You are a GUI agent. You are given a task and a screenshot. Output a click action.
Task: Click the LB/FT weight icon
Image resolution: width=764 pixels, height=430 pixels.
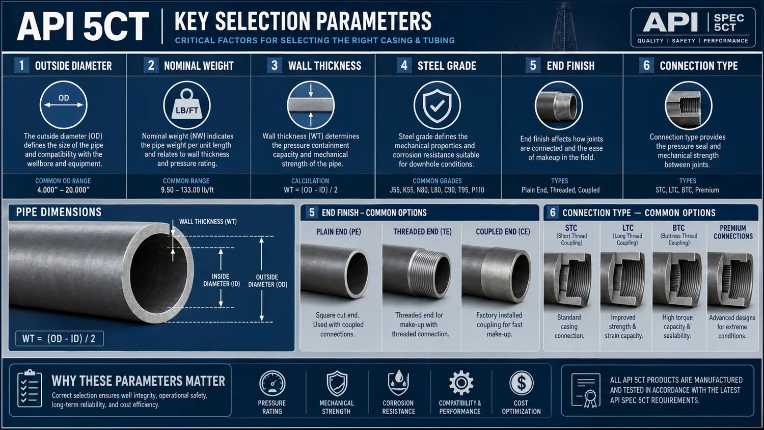pyautogui.click(x=187, y=105)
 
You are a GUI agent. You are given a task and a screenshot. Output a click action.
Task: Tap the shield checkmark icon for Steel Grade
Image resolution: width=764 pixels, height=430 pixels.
pyautogui.click(x=437, y=105)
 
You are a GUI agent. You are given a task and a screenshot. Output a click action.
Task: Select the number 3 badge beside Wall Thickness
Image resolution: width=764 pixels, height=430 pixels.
pyautogui.click(x=275, y=66)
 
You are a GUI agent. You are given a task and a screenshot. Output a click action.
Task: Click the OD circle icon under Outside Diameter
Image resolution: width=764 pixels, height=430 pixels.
pyautogui.click(x=64, y=105)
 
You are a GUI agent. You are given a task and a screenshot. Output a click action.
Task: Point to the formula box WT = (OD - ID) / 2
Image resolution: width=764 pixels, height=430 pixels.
pyautogui.click(x=59, y=338)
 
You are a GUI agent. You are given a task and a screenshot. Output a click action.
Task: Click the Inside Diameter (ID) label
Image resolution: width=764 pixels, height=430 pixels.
pyautogui.click(x=221, y=280)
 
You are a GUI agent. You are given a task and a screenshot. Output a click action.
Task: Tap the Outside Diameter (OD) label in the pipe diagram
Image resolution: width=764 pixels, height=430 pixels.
pyautogui.click(x=267, y=281)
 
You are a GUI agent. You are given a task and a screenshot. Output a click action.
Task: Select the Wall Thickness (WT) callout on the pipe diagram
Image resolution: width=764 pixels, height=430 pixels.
pyautogui.click(x=208, y=222)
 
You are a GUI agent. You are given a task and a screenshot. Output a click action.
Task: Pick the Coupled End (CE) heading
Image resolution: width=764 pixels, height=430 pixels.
pyautogui.click(x=503, y=232)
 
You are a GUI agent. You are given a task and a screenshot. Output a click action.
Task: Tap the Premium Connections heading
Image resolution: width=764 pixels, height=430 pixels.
pyautogui.click(x=733, y=232)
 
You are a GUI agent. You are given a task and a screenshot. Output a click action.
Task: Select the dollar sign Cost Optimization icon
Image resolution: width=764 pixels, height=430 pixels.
pyautogui.click(x=521, y=383)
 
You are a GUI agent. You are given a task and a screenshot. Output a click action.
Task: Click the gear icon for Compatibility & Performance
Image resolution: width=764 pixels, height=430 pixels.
pyautogui.click(x=460, y=383)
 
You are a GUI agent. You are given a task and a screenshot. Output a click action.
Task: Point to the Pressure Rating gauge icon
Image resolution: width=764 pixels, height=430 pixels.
pyautogui.click(x=272, y=384)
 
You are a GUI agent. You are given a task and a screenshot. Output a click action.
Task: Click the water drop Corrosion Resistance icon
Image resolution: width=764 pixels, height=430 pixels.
pyautogui.click(x=398, y=383)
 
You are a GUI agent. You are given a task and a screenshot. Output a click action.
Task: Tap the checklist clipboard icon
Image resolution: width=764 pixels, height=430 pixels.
pyautogui.click(x=30, y=389)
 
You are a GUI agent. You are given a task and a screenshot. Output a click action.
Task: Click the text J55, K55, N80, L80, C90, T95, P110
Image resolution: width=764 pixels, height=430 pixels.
pyautogui.click(x=437, y=190)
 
